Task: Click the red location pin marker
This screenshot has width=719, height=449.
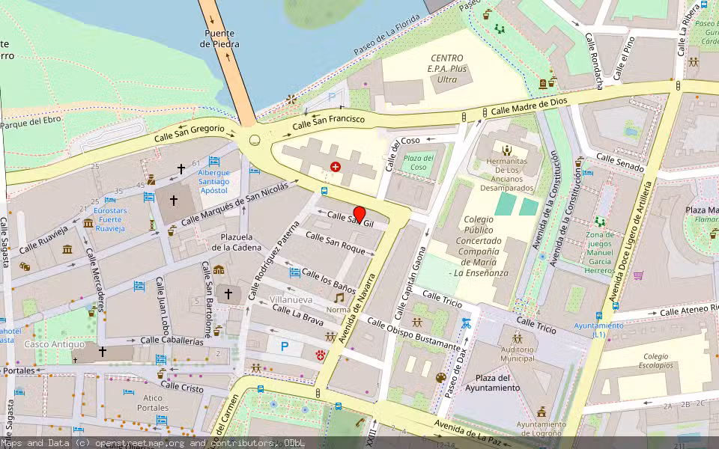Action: pyautogui.click(x=359, y=214)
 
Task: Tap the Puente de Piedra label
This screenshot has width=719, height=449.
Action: pyautogui.click(x=220, y=39)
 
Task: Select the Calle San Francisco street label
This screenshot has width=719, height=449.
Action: pyautogui.click(x=329, y=122)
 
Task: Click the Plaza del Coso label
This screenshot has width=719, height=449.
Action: pyautogui.click(x=419, y=162)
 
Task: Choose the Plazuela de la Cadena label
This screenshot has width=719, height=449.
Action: pyautogui.click(x=235, y=242)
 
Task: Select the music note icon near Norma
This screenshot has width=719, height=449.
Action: pyautogui.click(x=339, y=297)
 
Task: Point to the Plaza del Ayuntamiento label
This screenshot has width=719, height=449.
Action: pyautogui.click(x=492, y=383)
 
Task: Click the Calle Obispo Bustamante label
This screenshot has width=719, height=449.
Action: pyautogui.click(x=413, y=333)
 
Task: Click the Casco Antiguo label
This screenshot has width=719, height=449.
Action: pyautogui.click(x=47, y=344)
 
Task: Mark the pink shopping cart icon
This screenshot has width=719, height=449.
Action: pyautogui.click(x=638, y=275)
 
